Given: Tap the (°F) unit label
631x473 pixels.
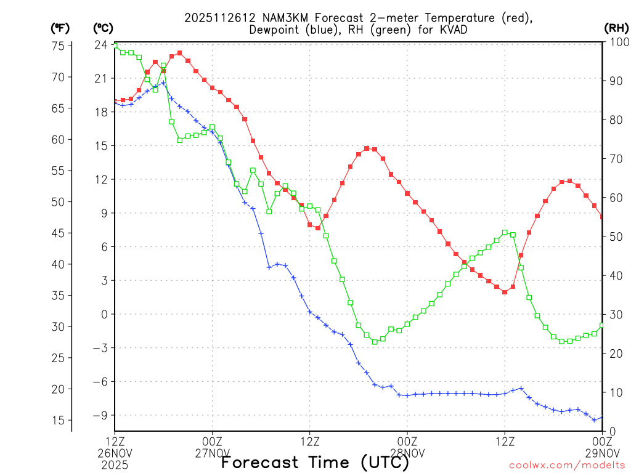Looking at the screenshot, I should click(x=60, y=28).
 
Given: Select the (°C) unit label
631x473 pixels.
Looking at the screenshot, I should click(x=102, y=28).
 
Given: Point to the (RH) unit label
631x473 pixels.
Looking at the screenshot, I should click(x=616, y=28).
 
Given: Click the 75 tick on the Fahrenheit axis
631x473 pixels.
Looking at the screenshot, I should click(x=59, y=46).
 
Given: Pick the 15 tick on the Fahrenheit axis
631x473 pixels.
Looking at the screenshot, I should click(x=59, y=420).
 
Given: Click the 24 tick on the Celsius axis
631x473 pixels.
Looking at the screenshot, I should click(x=101, y=45).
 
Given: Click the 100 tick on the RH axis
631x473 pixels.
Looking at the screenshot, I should click(x=616, y=42).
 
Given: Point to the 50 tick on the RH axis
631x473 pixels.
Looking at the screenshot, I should click(x=613, y=236).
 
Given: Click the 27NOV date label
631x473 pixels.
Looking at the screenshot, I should click(x=212, y=453).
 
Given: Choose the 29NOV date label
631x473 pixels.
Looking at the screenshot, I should click(x=601, y=453).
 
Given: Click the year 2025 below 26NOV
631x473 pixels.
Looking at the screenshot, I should click(x=115, y=465).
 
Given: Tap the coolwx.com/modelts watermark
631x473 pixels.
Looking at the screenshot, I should click(x=566, y=465).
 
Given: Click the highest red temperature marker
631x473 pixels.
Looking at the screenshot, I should click(x=180, y=53).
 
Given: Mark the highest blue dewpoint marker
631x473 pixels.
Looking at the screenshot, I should click(x=163, y=83).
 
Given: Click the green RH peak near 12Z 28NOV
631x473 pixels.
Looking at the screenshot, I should click(x=505, y=233).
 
